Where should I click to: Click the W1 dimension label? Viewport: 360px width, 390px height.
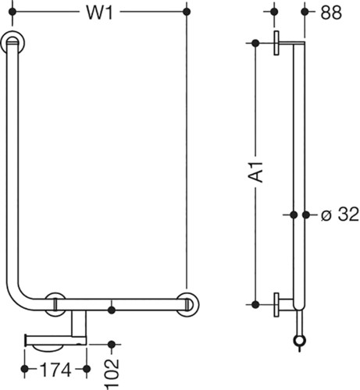click(x=100, y=12)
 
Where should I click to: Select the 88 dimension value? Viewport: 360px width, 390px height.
click(x=331, y=12)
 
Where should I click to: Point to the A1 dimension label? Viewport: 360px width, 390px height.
click(x=255, y=172)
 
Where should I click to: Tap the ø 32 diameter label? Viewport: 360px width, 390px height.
click(x=340, y=214)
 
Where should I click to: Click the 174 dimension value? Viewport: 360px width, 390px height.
click(x=55, y=369)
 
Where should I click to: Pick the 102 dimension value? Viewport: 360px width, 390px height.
click(x=112, y=374)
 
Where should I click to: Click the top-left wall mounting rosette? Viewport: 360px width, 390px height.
click(x=12, y=43)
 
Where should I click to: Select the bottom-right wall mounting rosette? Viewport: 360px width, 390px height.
click(x=187, y=304)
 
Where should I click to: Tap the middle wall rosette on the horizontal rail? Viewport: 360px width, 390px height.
click(x=55, y=304)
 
